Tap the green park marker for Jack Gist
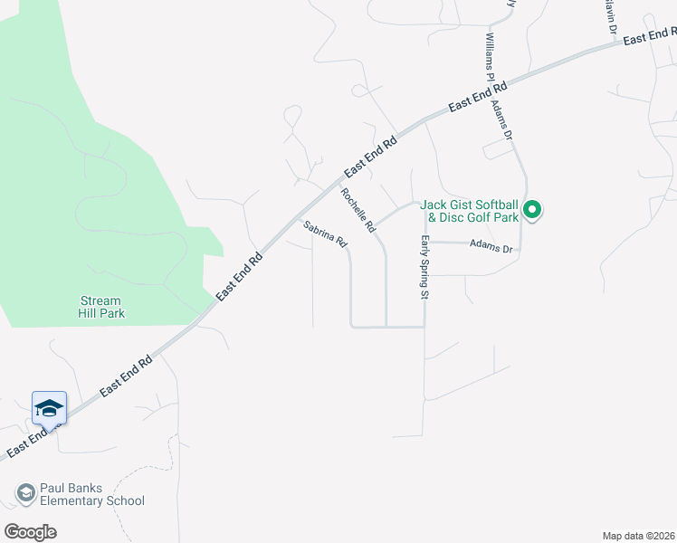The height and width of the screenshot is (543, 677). point(533,211)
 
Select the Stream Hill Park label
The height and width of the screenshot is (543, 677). point(101,307)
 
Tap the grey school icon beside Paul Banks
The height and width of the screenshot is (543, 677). point(25,493)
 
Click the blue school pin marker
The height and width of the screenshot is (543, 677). point(49,409)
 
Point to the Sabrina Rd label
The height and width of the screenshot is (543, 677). point(326,234)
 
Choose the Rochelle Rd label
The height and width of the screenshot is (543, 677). point(358,210)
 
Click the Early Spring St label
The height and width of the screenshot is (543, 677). point(424,266)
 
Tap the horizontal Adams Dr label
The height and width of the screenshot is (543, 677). point(491,246)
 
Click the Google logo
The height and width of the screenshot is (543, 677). point(30,531)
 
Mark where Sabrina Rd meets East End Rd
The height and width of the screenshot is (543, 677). point(300,216)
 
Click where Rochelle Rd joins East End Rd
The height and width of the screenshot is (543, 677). point(337,185)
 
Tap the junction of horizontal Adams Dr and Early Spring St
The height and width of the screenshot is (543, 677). point(424,243)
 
